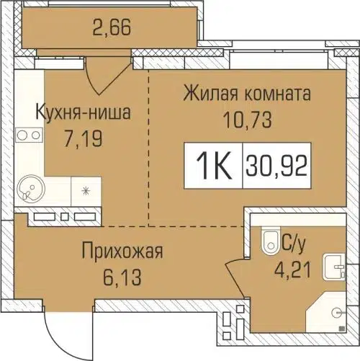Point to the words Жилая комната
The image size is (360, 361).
point(246,94)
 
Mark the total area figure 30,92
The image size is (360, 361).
point(276,168)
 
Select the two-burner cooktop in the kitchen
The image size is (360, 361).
point(27,134)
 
